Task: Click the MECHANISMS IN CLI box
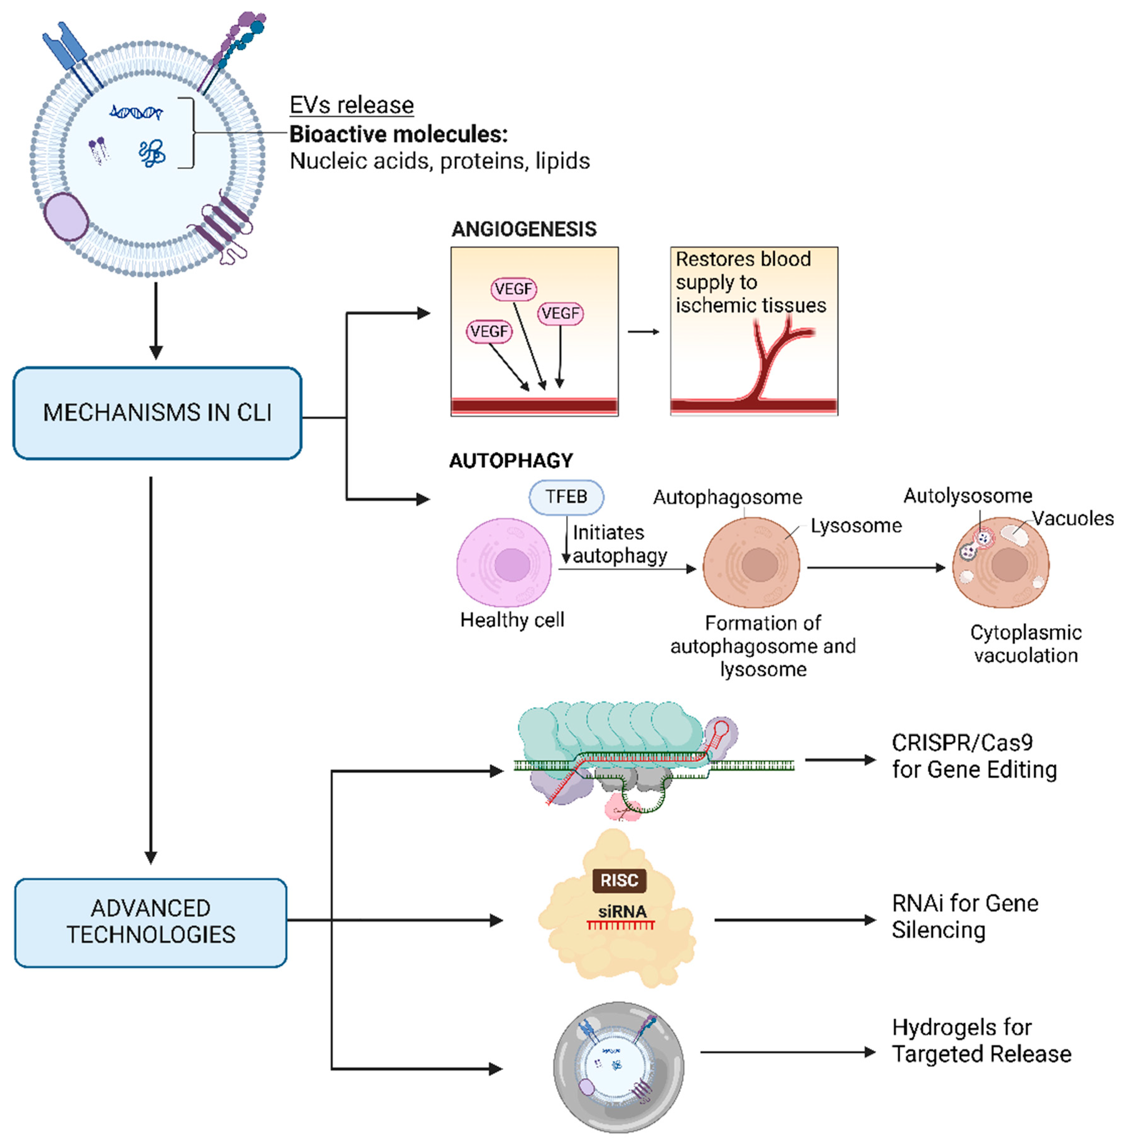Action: pyautogui.click(x=157, y=413)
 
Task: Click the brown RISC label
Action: pyautogui.click(x=619, y=880)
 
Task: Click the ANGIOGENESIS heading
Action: pyautogui.click(x=524, y=229)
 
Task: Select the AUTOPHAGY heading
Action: pyautogui.click(x=511, y=461)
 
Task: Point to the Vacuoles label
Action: pyautogui.click(x=1073, y=518)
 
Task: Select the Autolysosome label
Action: pyautogui.click(x=968, y=495)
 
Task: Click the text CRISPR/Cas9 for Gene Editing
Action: pyautogui.click(x=973, y=756)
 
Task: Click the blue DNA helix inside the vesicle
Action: pyautogui.click(x=136, y=112)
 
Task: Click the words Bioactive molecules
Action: pyautogui.click(x=398, y=134)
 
